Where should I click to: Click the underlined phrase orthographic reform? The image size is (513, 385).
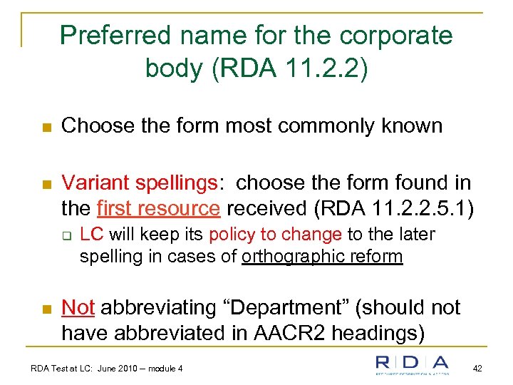(322, 256)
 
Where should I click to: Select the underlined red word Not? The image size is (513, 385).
(78, 307)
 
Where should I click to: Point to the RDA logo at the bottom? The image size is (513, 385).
(412, 365)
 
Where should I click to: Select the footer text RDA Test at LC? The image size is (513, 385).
(70, 369)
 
